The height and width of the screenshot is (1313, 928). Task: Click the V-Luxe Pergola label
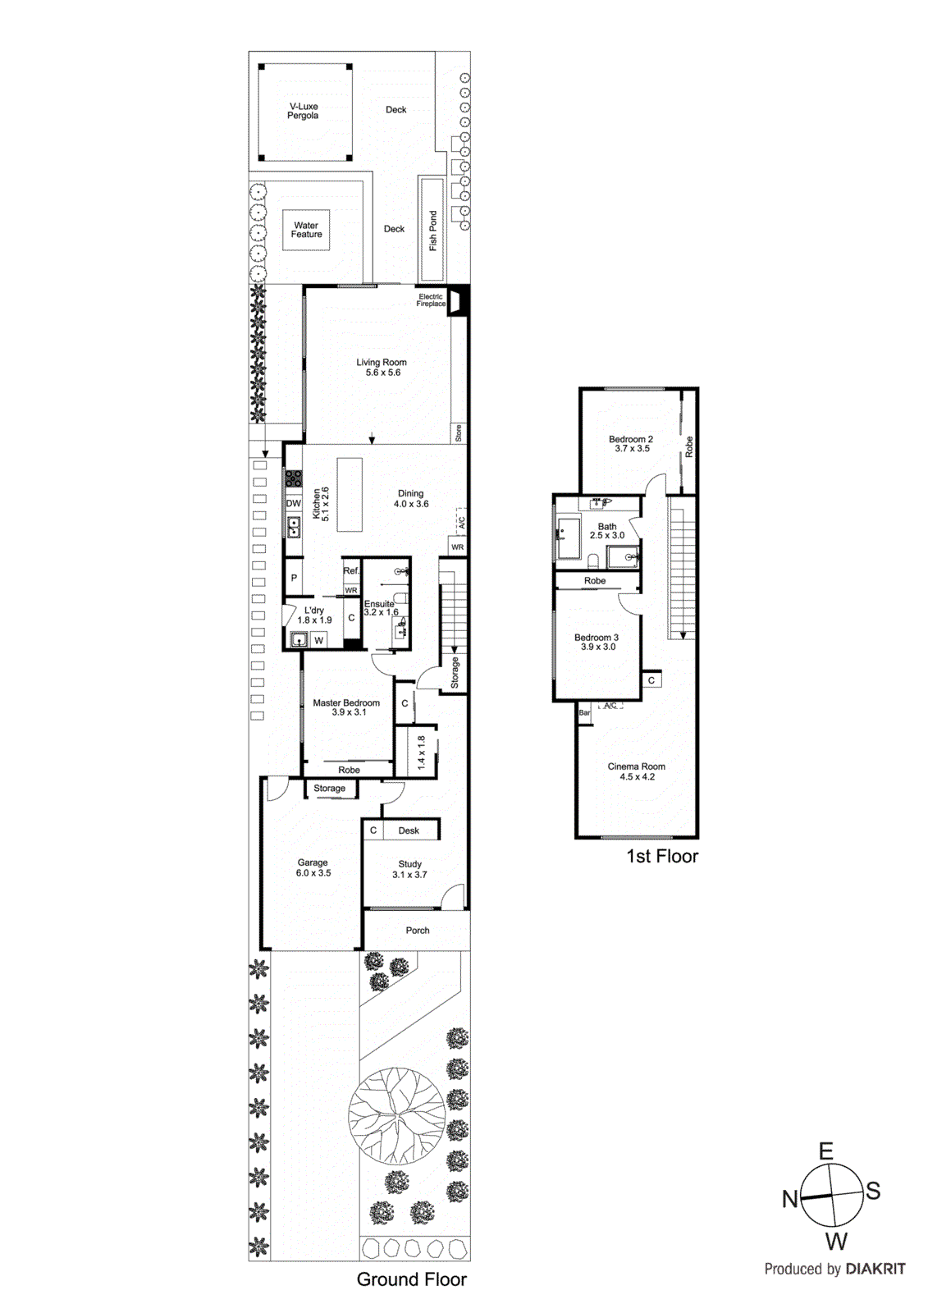click(303, 112)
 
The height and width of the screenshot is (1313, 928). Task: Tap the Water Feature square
click(306, 230)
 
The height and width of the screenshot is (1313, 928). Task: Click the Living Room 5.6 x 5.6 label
click(382, 368)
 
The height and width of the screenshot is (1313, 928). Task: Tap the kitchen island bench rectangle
click(350, 495)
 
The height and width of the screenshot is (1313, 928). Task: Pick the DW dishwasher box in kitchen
click(293, 504)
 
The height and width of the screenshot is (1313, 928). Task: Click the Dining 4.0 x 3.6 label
click(411, 499)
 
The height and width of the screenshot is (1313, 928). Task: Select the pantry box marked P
click(294, 579)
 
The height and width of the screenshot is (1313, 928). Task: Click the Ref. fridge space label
click(351, 570)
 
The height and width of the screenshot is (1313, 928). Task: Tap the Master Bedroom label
click(346, 707)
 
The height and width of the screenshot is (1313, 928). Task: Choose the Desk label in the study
click(409, 830)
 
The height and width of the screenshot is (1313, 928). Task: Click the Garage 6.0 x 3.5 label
click(313, 867)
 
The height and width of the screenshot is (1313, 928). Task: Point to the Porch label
click(418, 931)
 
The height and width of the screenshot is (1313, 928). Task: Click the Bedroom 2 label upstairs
click(631, 444)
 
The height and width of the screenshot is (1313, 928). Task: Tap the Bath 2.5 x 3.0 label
click(607, 531)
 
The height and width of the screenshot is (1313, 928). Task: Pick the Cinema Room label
click(637, 771)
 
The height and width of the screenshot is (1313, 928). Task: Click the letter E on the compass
click(826, 1151)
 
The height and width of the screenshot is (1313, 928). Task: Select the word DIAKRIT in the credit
click(875, 1269)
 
